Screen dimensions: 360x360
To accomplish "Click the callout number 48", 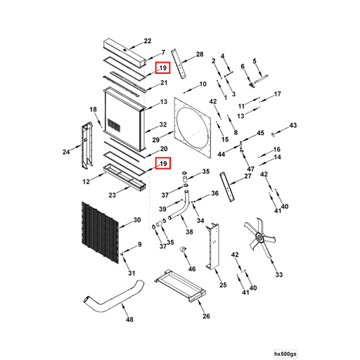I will [129, 320].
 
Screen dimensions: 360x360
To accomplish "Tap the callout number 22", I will [147, 40].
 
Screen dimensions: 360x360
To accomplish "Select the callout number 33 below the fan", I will [278, 274].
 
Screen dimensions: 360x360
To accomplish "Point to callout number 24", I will [66, 151].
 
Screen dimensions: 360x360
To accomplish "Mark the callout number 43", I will [293, 125].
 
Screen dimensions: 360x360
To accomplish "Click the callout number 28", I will [199, 55].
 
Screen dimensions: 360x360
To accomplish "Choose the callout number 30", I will [136, 221].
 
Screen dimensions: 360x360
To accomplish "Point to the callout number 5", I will [255, 61].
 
